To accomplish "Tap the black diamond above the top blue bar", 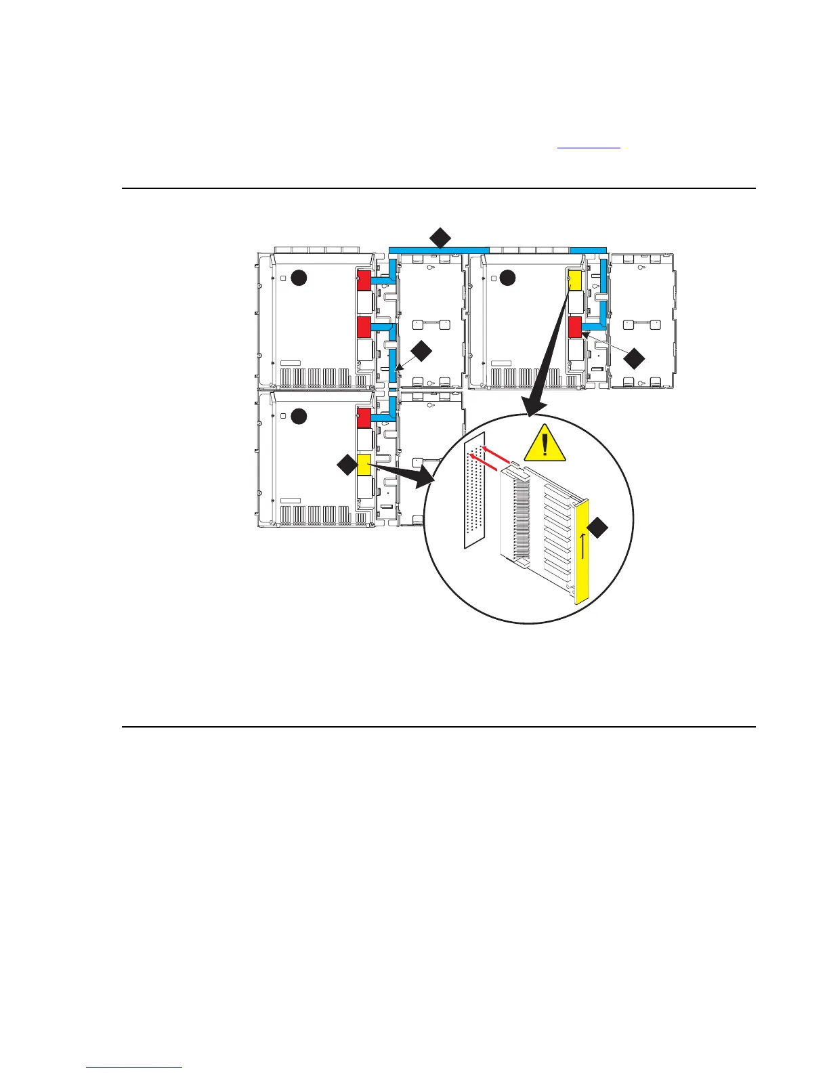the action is click(440, 238).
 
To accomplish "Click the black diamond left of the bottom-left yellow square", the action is click(347, 465).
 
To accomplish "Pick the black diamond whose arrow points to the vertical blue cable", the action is click(421, 351).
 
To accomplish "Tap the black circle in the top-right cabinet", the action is click(507, 277).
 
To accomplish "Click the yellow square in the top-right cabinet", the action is click(575, 280).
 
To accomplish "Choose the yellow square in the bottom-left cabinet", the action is click(364, 465).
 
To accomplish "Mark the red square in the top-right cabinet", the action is click(575, 327).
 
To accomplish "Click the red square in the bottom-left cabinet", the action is click(364, 418).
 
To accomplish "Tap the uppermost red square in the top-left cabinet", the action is click(364, 280).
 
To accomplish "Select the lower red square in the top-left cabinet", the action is click(364, 327).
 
